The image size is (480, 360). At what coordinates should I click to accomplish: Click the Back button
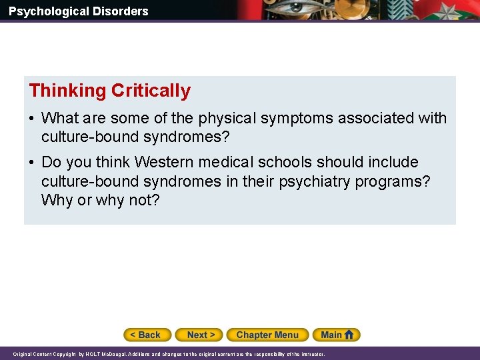147,335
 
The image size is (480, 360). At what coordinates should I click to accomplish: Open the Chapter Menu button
267,335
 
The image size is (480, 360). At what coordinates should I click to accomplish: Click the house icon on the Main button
351,335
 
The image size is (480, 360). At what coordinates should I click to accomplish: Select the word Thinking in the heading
67,91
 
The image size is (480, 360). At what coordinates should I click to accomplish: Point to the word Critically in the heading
151,91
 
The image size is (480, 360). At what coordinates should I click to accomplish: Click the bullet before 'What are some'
32,119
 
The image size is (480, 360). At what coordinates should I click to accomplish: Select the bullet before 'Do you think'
32,163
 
